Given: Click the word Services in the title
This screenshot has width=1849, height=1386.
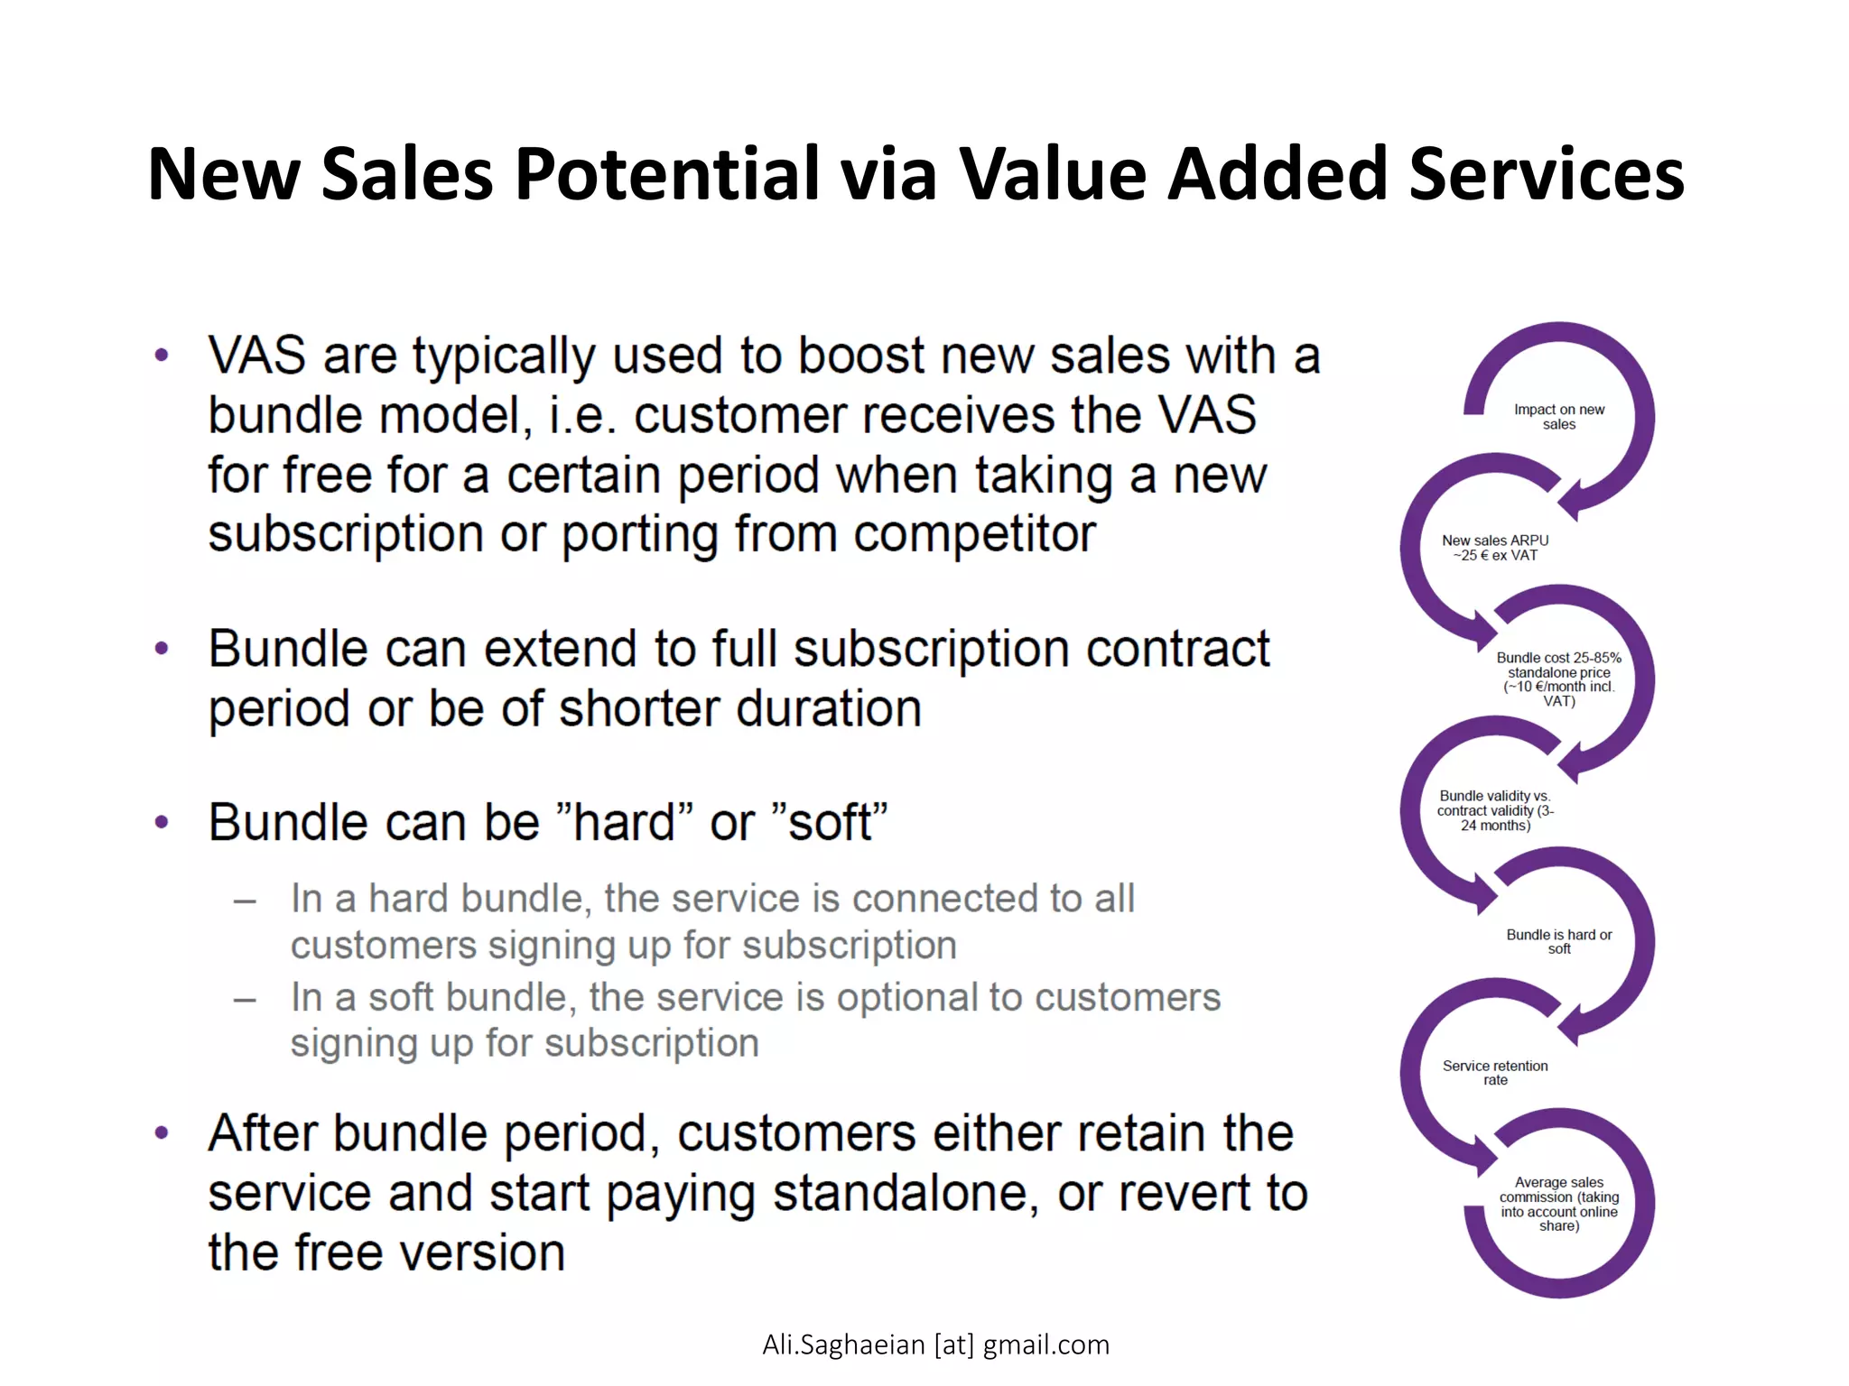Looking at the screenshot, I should click(1546, 173).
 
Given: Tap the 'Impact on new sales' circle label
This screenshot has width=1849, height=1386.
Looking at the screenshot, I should click(1559, 417).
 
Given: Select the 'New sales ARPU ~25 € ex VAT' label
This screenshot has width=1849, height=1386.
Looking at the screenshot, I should click(1495, 548).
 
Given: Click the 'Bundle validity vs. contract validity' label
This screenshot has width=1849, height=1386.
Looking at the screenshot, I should click(1495, 810).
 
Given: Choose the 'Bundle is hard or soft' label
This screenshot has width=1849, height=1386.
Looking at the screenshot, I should click(1559, 941).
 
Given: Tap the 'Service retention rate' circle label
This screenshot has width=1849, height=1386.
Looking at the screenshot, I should click(1495, 1072).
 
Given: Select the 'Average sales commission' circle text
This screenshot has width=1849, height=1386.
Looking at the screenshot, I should click(1559, 1204).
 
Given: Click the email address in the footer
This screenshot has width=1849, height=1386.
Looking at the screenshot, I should click(935, 1344).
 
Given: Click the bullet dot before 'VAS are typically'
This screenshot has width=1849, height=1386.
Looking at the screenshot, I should click(162, 356).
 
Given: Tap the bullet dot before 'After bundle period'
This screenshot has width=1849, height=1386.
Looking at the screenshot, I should click(162, 1133).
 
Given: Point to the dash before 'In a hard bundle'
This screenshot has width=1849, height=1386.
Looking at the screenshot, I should click(245, 901).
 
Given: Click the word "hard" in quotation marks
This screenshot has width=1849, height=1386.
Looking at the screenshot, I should click(624, 823).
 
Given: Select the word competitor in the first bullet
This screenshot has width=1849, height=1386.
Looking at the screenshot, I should click(974, 534).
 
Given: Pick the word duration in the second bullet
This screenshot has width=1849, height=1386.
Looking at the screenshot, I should click(830, 708).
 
